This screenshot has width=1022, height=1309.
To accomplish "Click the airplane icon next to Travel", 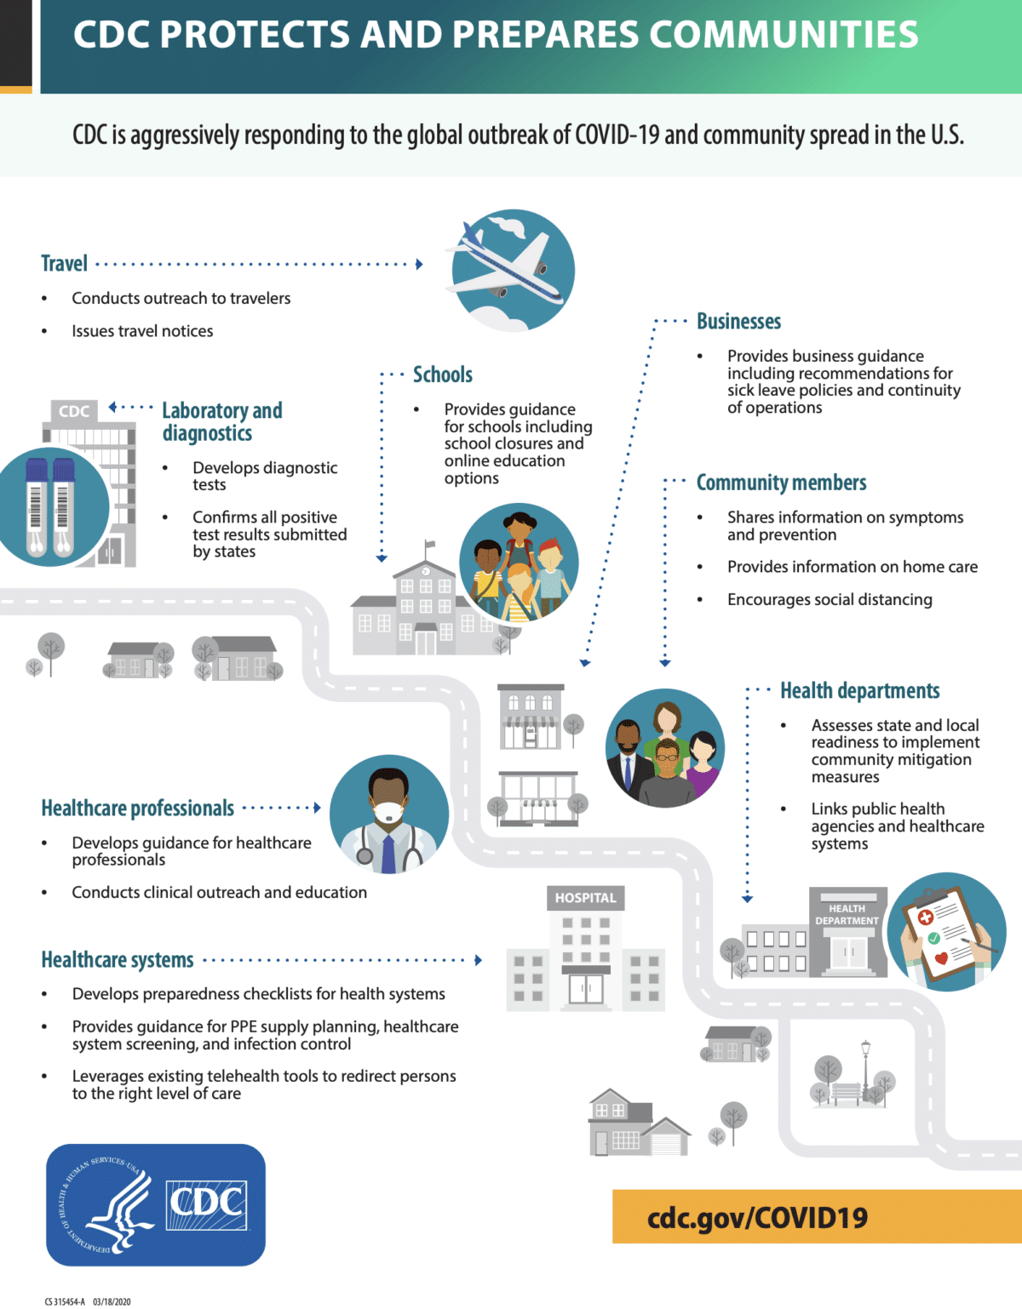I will click(510, 270).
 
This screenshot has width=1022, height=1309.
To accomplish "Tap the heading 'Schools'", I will click(442, 374).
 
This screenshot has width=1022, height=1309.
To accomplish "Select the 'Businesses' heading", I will click(738, 322).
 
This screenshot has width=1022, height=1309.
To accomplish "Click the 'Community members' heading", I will click(781, 483).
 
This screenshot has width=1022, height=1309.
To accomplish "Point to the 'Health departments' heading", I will click(859, 690).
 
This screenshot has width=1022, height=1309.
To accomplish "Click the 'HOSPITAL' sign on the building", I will click(585, 898).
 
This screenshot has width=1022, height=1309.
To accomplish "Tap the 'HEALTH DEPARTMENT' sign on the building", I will click(847, 914).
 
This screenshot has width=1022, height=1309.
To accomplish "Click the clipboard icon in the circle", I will click(946, 932).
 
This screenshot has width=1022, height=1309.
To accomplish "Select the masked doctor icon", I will click(389, 815).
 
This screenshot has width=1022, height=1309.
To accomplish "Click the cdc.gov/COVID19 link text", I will click(757, 1217).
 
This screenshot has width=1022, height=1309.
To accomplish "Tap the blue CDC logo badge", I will click(156, 1204).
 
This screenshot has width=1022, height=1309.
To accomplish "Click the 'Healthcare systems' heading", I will click(118, 960).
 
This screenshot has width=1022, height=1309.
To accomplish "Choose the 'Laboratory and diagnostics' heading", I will click(221, 421).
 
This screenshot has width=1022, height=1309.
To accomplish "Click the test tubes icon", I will click(51, 506).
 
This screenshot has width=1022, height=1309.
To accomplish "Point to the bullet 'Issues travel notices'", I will click(142, 331).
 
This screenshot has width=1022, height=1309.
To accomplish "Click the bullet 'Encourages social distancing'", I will click(830, 599).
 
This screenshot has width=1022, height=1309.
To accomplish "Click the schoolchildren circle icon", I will click(519, 563).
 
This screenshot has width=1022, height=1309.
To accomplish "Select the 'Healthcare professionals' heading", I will click(137, 808).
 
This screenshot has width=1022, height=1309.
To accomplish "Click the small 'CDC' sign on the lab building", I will click(74, 411).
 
